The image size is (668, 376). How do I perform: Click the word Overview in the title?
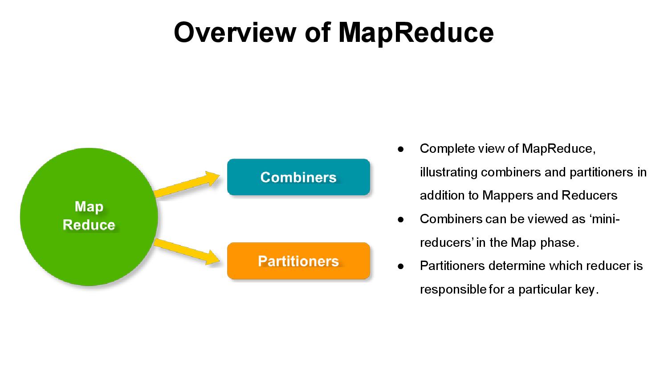click(x=234, y=32)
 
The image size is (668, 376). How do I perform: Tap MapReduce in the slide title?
click(x=415, y=32)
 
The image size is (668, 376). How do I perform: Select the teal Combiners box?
click(x=298, y=177)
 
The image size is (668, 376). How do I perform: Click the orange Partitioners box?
click(x=298, y=261)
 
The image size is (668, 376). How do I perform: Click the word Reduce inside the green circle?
click(x=89, y=225)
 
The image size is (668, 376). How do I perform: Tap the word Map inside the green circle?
click(x=89, y=207)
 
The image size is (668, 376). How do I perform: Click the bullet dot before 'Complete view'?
click(x=400, y=149)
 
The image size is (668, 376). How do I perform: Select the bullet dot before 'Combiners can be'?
click(x=400, y=219)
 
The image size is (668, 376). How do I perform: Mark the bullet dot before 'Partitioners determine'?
click(x=400, y=266)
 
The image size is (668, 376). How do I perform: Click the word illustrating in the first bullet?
click(x=448, y=172)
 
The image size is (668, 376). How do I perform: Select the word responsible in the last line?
click(x=453, y=290)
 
